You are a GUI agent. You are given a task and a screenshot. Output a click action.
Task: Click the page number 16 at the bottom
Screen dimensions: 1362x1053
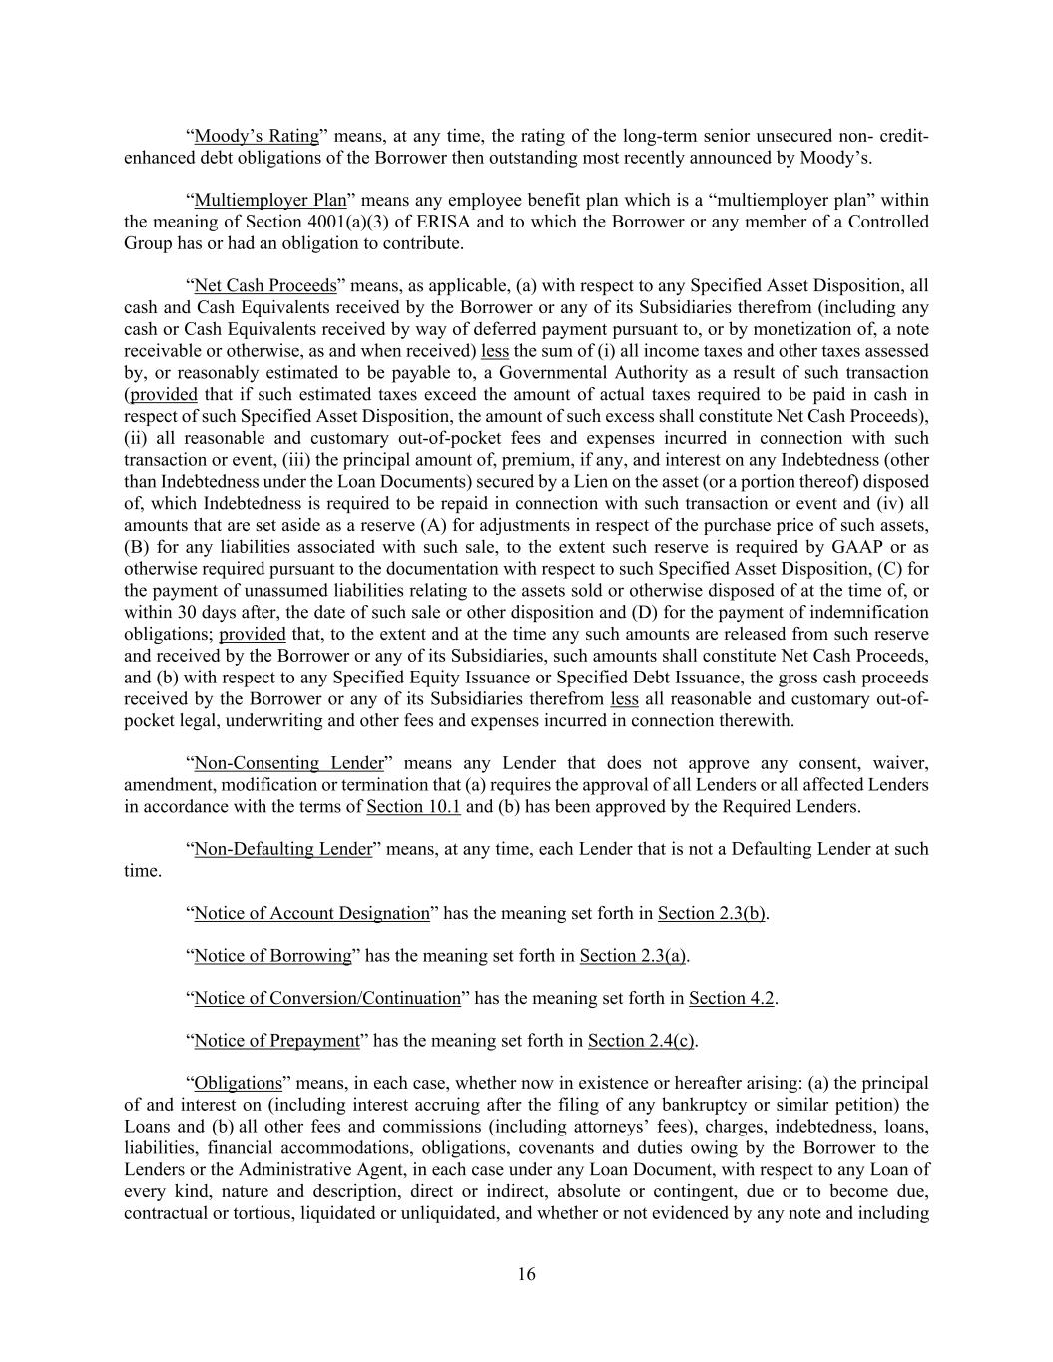tap(526, 1274)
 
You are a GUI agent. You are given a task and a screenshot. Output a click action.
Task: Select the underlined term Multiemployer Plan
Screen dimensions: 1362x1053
tap(269, 200)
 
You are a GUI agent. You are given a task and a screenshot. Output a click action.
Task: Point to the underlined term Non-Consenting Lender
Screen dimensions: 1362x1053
tap(288, 763)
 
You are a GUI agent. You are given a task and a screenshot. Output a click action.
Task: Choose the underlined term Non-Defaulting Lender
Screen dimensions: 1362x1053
tap(282, 849)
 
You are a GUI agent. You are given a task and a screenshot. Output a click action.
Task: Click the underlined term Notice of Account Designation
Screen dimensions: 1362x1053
tap(311, 913)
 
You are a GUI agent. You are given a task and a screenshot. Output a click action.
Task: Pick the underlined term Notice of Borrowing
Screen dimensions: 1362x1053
tap(272, 956)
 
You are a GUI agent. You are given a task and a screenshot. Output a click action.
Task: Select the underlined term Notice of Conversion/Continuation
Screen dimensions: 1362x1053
tap(327, 998)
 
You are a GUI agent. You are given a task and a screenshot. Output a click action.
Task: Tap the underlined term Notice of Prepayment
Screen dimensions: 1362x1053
tap(276, 1041)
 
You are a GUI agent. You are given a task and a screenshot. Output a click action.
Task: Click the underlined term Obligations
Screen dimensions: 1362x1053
tap(239, 1083)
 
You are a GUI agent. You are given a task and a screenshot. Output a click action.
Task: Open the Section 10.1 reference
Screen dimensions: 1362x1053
tap(413, 806)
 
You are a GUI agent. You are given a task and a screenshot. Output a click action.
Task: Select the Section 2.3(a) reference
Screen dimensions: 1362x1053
tap(633, 956)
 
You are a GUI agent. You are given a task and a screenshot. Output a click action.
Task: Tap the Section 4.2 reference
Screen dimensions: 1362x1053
tap(731, 998)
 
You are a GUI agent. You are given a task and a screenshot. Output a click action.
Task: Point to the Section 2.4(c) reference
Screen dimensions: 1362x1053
tap(641, 1041)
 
